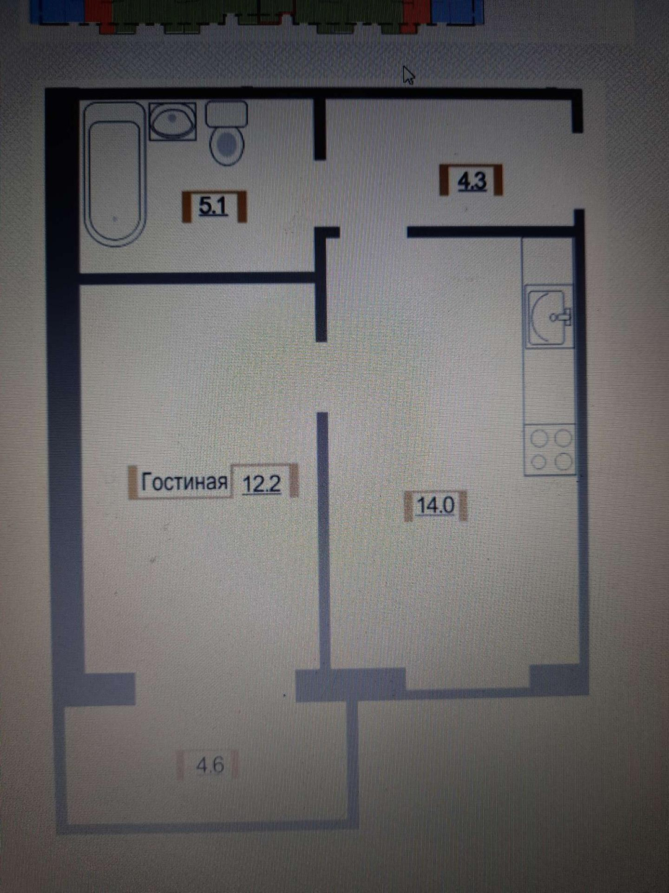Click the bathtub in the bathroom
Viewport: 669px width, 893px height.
tap(115, 175)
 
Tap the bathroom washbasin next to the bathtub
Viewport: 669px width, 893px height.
tap(173, 122)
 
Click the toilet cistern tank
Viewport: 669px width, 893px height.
tap(227, 114)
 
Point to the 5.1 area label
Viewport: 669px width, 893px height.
tap(214, 207)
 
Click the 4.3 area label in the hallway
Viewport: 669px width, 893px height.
tap(471, 181)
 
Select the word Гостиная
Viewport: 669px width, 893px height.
tap(184, 482)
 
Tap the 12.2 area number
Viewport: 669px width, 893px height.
tap(261, 483)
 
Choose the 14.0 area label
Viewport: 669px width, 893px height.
tap(435, 505)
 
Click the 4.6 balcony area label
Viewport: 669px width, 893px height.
tap(209, 765)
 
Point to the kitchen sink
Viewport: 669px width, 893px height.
tap(548, 317)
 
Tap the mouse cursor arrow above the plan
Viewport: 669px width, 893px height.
tap(408, 75)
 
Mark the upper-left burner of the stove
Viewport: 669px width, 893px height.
tap(539, 438)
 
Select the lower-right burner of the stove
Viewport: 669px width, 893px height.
tap(562, 461)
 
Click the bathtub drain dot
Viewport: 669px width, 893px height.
tap(115, 218)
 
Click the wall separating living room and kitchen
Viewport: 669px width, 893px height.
tap(322, 540)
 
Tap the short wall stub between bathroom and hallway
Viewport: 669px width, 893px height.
tap(320, 129)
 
